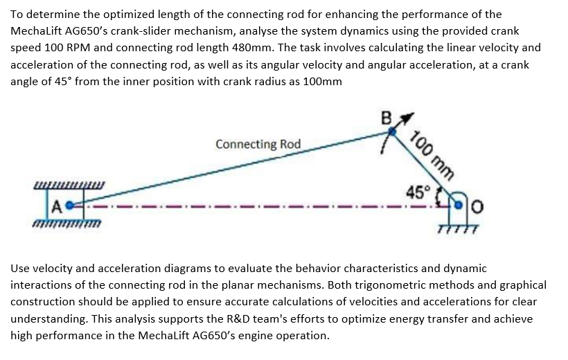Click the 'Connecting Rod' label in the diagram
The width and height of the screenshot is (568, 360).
[258, 144]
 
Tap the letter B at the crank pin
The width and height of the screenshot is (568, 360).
[387, 118]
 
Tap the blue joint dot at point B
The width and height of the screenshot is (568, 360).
[394, 128]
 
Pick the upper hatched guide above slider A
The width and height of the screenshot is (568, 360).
[69, 184]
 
